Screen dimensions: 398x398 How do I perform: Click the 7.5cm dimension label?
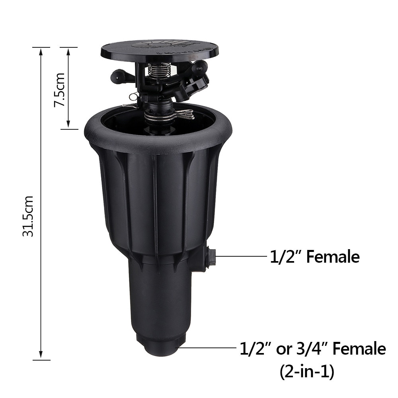coord(60,89)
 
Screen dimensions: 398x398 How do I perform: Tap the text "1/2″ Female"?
coord(314,257)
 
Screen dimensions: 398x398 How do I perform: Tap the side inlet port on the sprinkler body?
coord(211,258)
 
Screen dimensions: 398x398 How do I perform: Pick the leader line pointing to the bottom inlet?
coord(207,347)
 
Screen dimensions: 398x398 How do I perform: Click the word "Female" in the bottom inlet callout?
coord(359,349)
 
